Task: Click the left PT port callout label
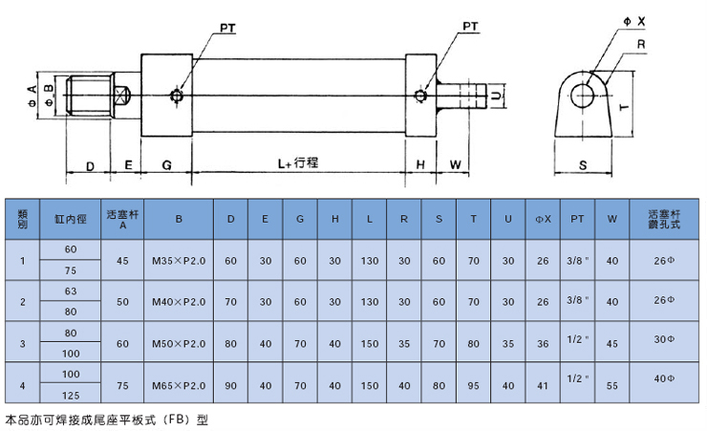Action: click(x=227, y=29)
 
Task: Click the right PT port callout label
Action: click(x=470, y=27)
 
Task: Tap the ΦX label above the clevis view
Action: click(x=634, y=21)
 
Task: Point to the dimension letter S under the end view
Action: click(x=583, y=165)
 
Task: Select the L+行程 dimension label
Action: click(x=297, y=162)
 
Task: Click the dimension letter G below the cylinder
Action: click(x=167, y=165)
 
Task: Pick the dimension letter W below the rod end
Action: click(x=456, y=165)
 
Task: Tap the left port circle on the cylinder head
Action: click(x=177, y=96)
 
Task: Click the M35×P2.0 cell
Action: click(x=179, y=261)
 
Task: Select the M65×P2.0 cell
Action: click(x=179, y=386)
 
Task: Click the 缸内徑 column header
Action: click(x=71, y=219)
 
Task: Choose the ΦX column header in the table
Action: click(x=543, y=219)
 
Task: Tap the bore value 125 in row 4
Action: click(x=71, y=396)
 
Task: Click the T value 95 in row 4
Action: click(x=474, y=386)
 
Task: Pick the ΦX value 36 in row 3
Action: click(x=543, y=344)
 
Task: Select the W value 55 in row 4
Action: click(x=612, y=386)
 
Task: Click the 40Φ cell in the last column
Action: click(x=664, y=378)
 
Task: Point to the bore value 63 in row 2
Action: click(x=71, y=291)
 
